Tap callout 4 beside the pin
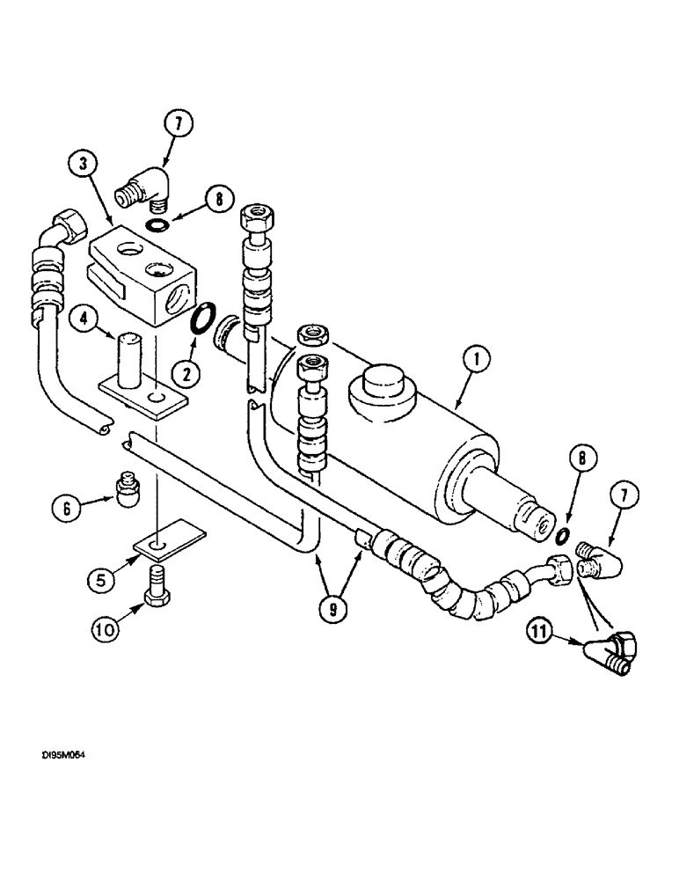(x=87, y=319)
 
